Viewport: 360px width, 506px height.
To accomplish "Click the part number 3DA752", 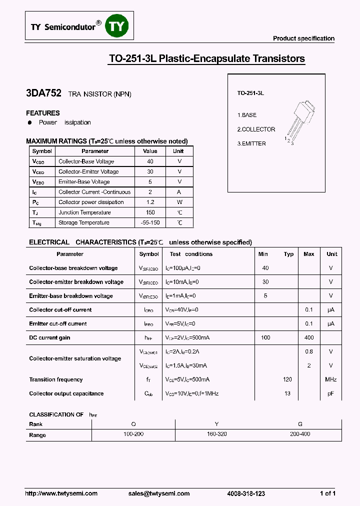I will [43, 93].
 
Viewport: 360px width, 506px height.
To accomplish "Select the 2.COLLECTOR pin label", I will [256, 129].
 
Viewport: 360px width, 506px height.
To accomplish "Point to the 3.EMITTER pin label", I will [251, 144].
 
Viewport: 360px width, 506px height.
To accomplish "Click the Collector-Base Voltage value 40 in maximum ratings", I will [150, 161].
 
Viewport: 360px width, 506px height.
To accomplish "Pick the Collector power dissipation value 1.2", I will [150, 202].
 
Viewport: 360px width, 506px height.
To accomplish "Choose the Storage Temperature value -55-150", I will [150, 223].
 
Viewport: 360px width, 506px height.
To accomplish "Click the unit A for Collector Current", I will [179, 192].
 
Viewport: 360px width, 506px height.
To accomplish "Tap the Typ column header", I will [288, 254].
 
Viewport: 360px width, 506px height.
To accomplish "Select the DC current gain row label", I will [49, 338].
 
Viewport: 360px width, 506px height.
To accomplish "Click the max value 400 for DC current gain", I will [309, 338].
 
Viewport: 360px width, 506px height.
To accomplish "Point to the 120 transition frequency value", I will [287, 380].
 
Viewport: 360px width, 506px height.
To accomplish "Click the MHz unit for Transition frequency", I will [331, 380].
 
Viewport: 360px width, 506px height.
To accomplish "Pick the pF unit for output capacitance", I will [331, 394].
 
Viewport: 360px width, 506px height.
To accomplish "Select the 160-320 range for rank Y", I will [216, 434].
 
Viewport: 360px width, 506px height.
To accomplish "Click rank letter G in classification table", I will [300, 424].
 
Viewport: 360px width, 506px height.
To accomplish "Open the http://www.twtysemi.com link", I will [61, 493].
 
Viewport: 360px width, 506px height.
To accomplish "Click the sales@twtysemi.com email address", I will [159, 493].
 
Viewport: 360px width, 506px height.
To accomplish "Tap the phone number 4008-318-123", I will [246, 493].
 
